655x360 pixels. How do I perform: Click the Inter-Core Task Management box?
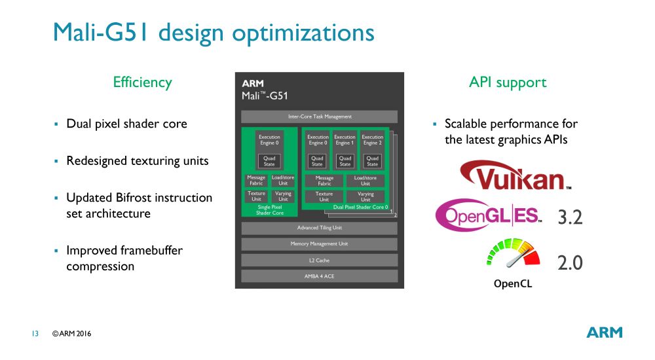click(x=320, y=117)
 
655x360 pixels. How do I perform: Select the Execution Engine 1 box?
click(x=345, y=140)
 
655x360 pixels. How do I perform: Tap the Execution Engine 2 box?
click(x=372, y=140)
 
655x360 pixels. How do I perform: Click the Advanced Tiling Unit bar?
click(x=320, y=228)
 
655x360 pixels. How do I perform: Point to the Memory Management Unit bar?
click(x=320, y=243)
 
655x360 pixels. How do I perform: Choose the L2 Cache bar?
click(x=320, y=260)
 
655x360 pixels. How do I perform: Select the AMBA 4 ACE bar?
click(x=320, y=276)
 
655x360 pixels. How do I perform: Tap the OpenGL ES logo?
click(x=489, y=215)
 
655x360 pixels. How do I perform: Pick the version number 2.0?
click(x=569, y=263)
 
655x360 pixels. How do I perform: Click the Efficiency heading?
click(x=142, y=82)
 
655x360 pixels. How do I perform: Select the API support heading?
click(x=508, y=82)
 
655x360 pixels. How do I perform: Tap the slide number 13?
click(x=35, y=334)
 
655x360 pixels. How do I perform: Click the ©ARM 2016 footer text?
click(x=72, y=334)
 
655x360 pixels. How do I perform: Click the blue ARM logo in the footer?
click(x=604, y=333)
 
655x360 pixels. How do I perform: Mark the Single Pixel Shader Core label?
click(x=269, y=209)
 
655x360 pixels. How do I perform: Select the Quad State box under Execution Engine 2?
click(x=372, y=161)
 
